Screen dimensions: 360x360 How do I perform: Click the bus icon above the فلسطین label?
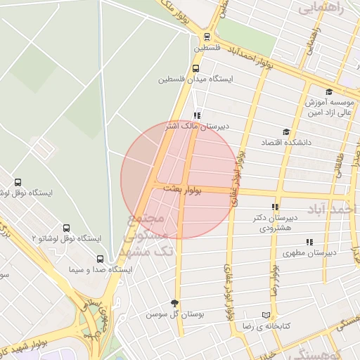tap(206, 37)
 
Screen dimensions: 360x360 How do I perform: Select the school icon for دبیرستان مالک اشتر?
tap(197, 116)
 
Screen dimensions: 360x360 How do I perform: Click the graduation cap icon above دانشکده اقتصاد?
tap(285, 131)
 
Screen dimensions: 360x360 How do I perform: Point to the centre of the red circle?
tap(179, 180)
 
